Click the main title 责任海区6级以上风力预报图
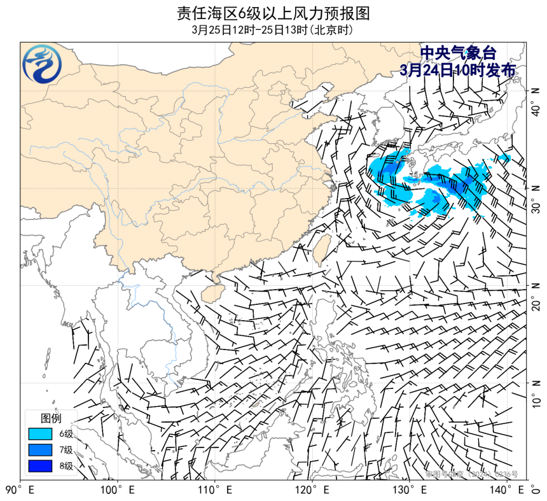tap(273, 13)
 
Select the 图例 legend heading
tap(51, 418)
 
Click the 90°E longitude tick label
tap(20, 490)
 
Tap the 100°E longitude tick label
tap(117, 490)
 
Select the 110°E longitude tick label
tap(214, 490)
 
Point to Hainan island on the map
tap(213, 292)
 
